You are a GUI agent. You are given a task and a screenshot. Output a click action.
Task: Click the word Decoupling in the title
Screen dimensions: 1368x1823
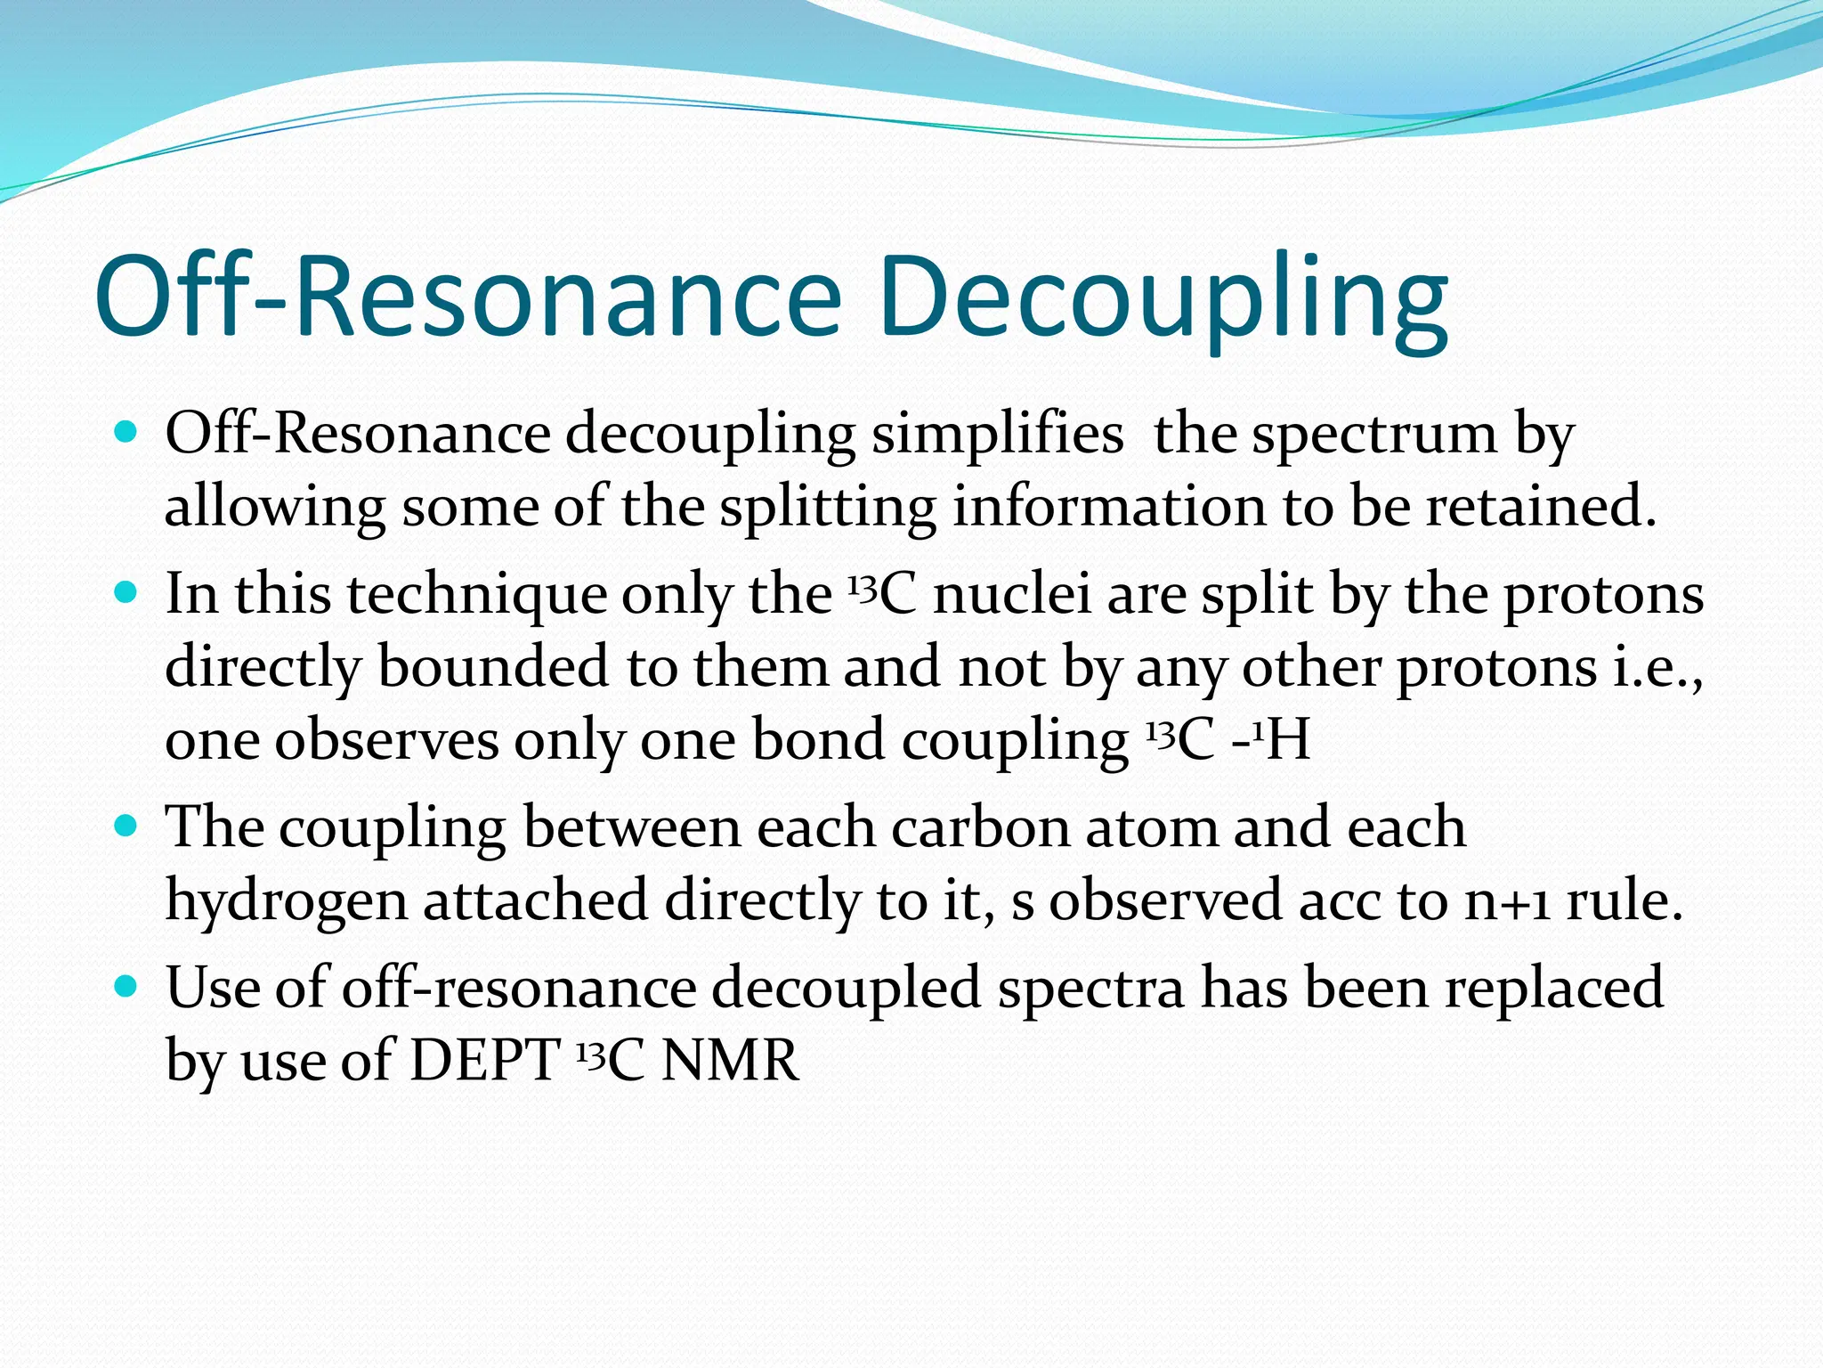click(1162, 298)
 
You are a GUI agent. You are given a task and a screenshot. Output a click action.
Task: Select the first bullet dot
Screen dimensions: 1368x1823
click(127, 434)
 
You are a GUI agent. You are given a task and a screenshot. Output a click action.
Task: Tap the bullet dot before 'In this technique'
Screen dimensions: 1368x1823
click(127, 593)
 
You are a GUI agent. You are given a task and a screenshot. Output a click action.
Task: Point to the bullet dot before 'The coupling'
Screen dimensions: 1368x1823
click(127, 826)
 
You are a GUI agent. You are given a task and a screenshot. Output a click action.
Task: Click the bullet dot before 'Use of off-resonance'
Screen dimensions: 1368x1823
click(127, 987)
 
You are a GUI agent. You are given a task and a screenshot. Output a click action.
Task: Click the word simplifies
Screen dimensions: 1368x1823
click(996, 436)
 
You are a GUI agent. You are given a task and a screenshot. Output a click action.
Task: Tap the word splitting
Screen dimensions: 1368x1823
click(827, 509)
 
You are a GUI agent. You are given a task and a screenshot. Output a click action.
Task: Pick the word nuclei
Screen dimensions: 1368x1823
click(1011, 594)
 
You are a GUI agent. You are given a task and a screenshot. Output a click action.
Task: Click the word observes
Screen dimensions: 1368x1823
click(386, 741)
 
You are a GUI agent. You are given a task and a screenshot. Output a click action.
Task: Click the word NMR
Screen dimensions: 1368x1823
click(731, 1061)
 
